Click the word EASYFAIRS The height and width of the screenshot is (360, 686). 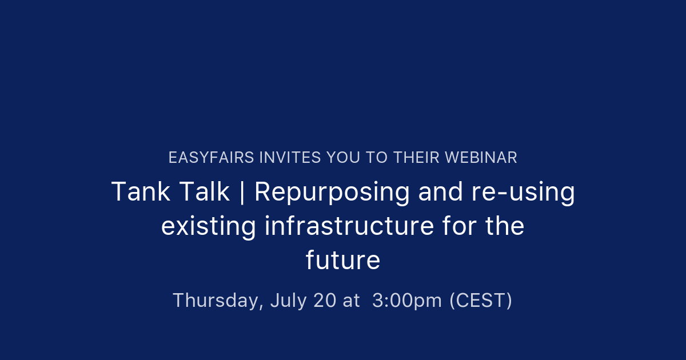click(x=211, y=158)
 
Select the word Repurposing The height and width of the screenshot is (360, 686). click(x=332, y=193)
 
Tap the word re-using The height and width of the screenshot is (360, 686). click(x=523, y=193)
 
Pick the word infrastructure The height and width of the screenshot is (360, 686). click(x=349, y=226)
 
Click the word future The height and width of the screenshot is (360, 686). click(x=343, y=261)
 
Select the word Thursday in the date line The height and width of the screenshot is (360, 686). click(x=218, y=301)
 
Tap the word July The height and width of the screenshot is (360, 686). click(x=289, y=301)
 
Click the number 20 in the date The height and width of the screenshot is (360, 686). click(x=325, y=301)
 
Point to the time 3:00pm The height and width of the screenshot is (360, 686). click(x=407, y=301)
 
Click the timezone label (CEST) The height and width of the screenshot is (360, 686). click(x=481, y=301)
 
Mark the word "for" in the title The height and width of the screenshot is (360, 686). click(x=460, y=226)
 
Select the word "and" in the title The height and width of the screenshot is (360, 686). click(x=441, y=192)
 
